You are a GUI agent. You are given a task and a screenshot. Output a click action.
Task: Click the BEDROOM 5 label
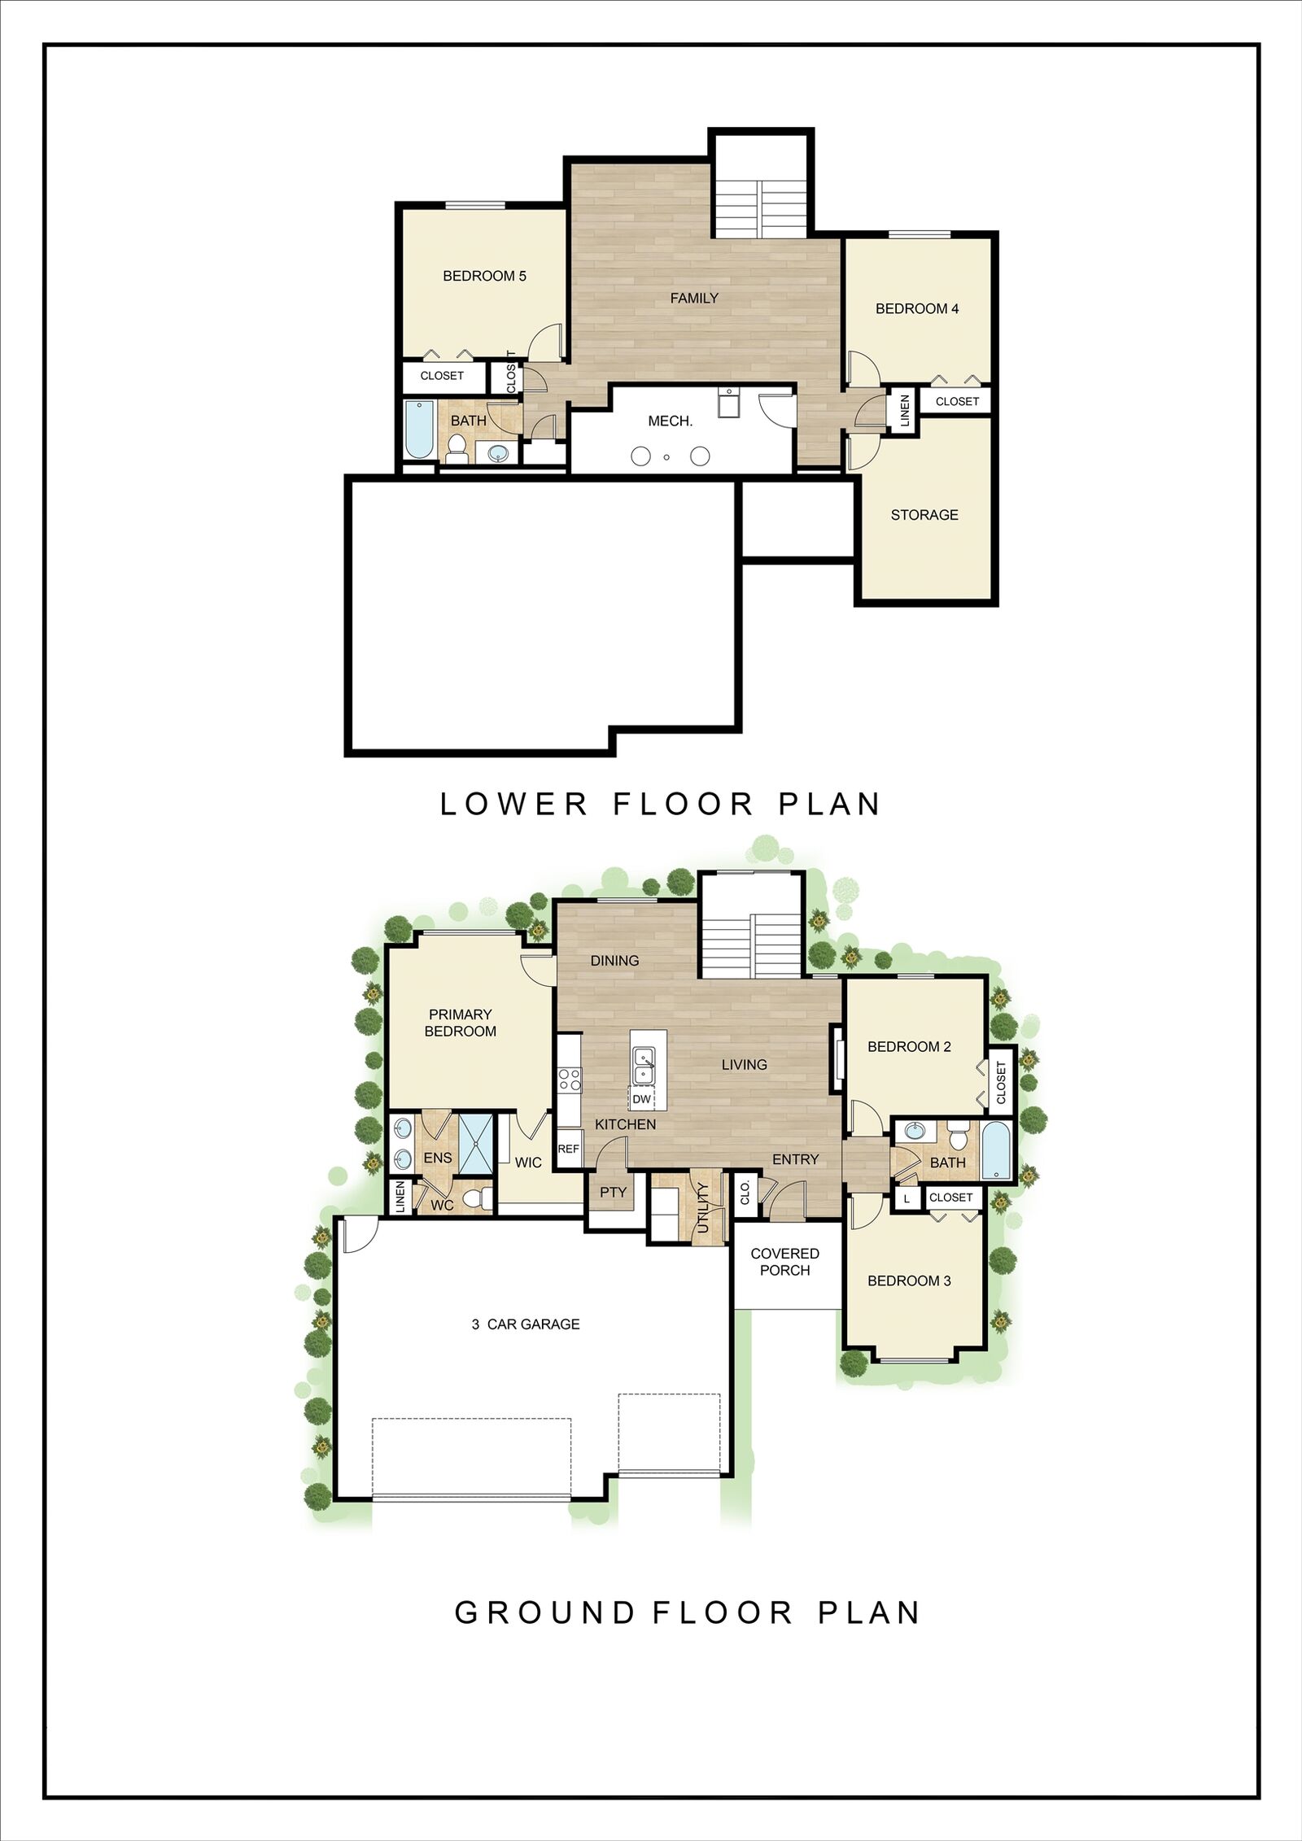484,276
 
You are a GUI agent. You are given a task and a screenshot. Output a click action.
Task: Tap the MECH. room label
670,421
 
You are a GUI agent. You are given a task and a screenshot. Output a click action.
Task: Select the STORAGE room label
924,515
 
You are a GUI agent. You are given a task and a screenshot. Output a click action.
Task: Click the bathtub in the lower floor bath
420,430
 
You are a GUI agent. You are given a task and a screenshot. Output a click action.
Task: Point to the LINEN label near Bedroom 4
904,411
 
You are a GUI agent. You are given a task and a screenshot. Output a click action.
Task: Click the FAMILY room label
694,299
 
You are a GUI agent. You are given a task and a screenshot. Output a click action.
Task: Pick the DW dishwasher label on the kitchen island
641,1100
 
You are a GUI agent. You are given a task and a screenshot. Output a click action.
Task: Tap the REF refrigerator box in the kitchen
568,1149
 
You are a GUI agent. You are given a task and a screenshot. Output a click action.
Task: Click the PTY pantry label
613,1193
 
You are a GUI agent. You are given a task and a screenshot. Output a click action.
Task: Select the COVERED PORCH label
784,1262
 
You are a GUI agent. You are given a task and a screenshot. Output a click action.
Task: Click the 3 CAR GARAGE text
526,1324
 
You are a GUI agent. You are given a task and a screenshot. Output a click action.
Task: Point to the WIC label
528,1163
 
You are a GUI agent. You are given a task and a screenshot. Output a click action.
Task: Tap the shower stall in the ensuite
475,1144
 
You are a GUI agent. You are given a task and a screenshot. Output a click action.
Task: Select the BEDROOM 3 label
909,1281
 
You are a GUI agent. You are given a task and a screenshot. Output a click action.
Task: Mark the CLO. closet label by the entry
745,1193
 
